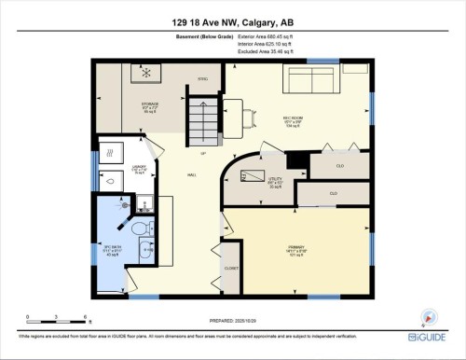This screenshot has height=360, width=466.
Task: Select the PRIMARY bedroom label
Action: [x=297, y=248]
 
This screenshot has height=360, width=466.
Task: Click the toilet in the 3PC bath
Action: [x=139, y=228]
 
